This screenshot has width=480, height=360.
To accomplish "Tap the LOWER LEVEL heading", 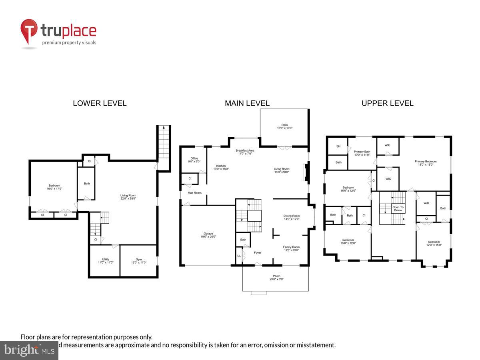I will [x=100, y=103].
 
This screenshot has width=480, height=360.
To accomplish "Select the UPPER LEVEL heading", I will [x=387, y=103].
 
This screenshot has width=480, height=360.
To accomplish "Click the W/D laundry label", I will [x=426, y=203].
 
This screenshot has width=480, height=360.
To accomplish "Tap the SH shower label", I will [x=338, y=146].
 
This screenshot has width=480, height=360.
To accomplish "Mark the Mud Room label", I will [x=195, y=193].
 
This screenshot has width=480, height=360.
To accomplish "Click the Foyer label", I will [x=258, y=252].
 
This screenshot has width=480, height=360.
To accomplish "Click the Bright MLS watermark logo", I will [x=29, y=350].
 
